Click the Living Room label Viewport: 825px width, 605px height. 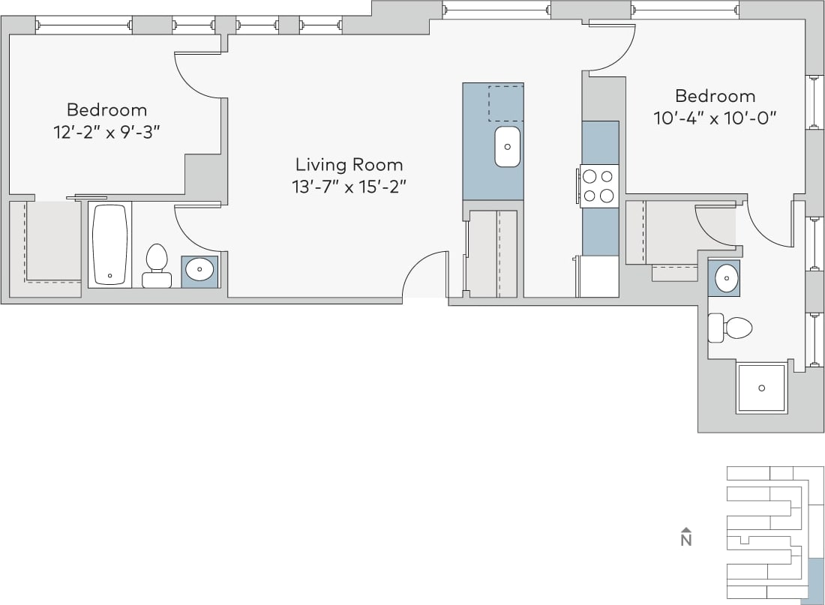(x=349, y=164)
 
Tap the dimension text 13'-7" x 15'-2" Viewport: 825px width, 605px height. (x=349, y=187)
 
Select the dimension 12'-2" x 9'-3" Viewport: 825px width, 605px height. (x=107, y=131)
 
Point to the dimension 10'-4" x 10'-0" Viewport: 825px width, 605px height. (x=715, y=118)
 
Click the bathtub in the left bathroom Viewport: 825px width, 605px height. (x=110, y=244)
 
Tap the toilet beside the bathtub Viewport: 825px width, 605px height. (x=157, y=265)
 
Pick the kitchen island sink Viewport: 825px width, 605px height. (x=508, y=146)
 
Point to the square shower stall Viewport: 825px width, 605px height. (x=762, y=388)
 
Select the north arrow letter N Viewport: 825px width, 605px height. (x=685, y=539)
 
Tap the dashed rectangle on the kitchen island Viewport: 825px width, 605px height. (x=505, y=103)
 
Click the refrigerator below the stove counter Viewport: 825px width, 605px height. (x=598, y=276)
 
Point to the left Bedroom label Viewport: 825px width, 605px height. (x=107, y=109)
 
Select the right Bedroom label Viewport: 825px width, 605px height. (x=715, y=96)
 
